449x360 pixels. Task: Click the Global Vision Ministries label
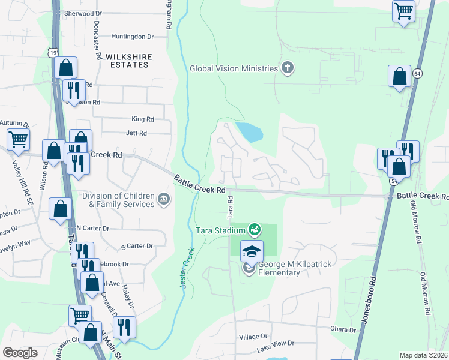234,68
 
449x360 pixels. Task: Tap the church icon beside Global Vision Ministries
288,68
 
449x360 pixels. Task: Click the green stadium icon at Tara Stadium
254,229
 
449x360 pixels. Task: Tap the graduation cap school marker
252,251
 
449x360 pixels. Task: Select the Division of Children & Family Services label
118,200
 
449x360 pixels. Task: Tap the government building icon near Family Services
163,199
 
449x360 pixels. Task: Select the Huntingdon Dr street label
132,37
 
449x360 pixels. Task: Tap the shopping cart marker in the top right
404,10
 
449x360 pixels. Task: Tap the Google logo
20,353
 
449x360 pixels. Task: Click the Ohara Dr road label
343,328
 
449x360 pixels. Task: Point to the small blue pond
249,132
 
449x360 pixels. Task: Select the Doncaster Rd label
97,40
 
